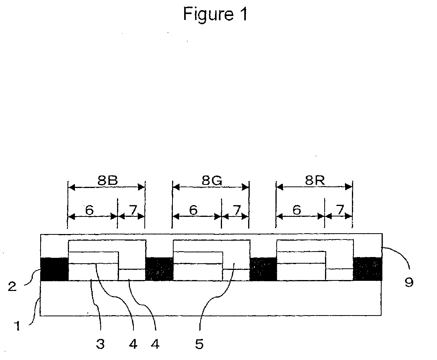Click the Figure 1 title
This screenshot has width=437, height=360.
pyautogui.click(x=215, y=15)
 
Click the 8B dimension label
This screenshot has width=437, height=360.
pyautogui.click(x=107, y=181)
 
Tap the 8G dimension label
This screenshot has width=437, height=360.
pyautogui.click(x=211, y=181)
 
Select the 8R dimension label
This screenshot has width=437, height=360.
pyautogui.click(x=314, y=181)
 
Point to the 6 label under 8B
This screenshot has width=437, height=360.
pyautogui.click(x=89, y=210)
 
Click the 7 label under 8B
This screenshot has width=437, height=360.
pyautogui.click(x=133, y=210)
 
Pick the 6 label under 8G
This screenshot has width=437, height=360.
pyautogui.click(x=193, y=210)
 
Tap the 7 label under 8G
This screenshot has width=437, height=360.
pyautogui.click(x=236, y=210)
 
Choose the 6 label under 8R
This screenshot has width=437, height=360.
pyautogui.click(x=297, y=210)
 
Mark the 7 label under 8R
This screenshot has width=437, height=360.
pyautogui.click(x=340, y=210)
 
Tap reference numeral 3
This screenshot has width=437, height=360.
pyautogui.click(x=100, y=344)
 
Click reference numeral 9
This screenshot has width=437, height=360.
pyautogui.click(x=409, y=282)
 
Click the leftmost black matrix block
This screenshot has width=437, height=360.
pyautogui.click(x=54, y=269)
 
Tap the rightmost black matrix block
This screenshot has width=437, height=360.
pyautogui.click(x=368, y=269)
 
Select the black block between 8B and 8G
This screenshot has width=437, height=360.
pyautogui.click(x=159, y=269)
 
